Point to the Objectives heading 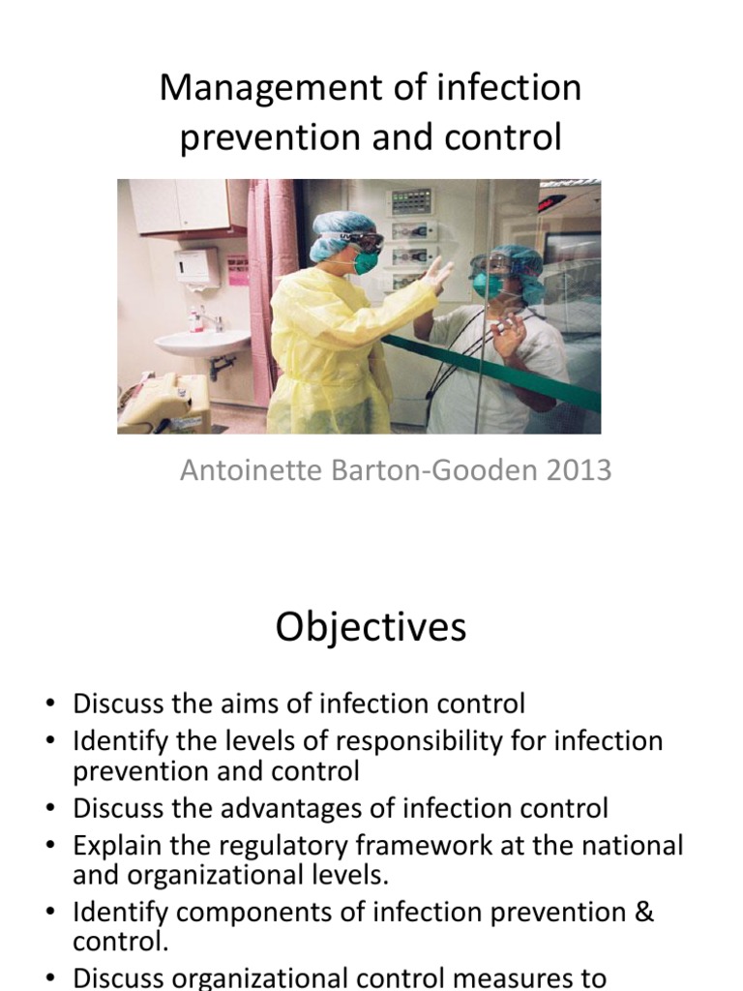pyautogui.click(x=371, y=628)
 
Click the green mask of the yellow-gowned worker pyautogui.click(x=366, y=262)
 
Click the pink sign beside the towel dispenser pyautogui.click(x=237, y=269)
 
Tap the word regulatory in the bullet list pyautogui.click(x=294, y=846)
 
